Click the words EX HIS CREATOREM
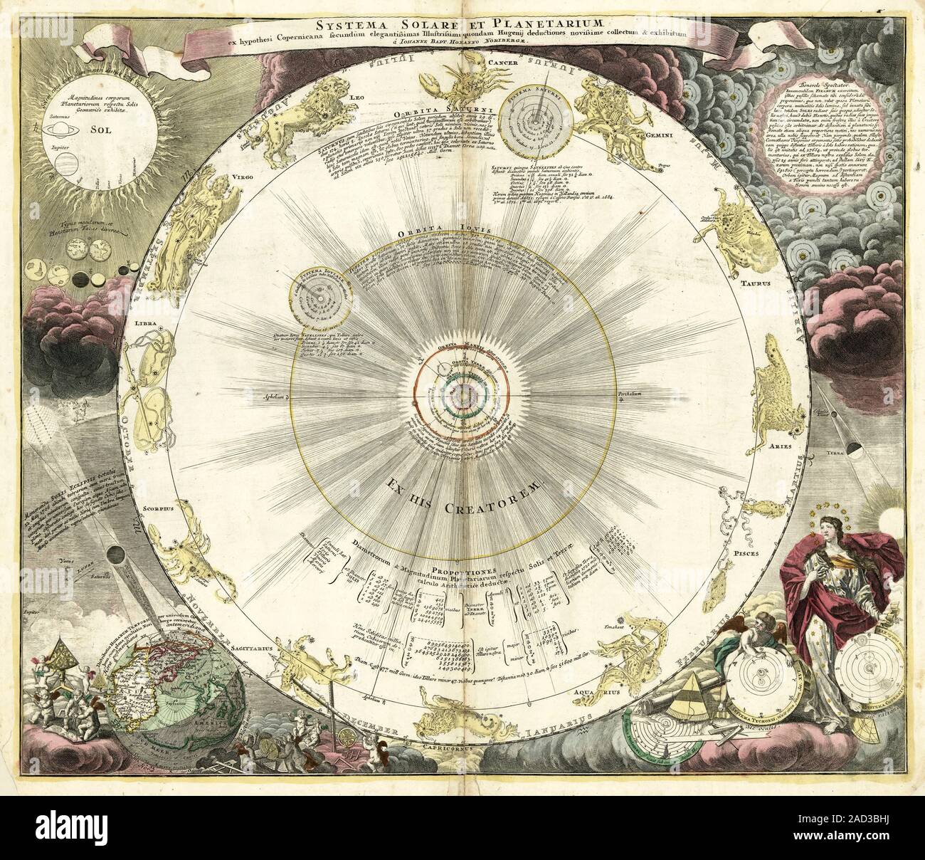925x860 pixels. point(465,495)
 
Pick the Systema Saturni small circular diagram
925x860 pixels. point(534,119)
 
